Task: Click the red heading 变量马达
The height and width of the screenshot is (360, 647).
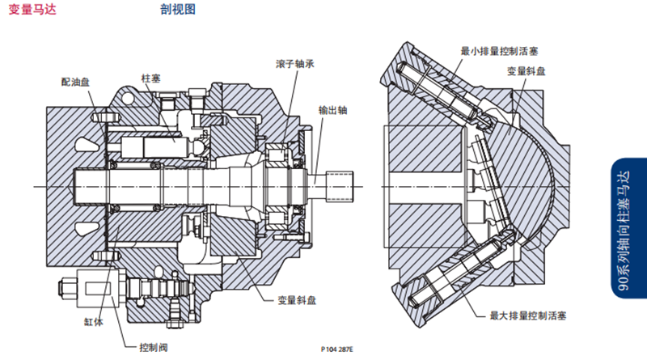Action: pos(31,11)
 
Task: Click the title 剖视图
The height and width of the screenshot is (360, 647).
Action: pos(178,11)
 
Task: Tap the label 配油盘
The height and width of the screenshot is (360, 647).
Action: pos(76,82)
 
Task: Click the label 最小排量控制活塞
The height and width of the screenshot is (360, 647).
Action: pos(498,50)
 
